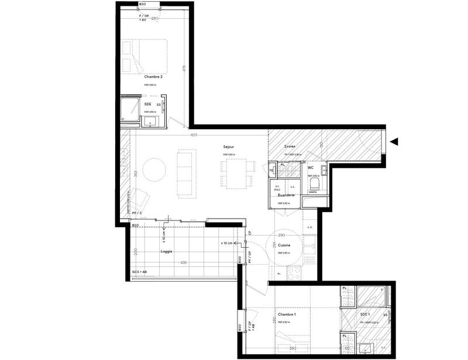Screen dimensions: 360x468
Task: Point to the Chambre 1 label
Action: point(287,314)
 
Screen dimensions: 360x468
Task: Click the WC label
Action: point(311,168)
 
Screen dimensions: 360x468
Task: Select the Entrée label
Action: point(290,146)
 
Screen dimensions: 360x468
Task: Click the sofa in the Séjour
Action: point(187,172)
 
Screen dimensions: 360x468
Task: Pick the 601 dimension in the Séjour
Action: point(194,135)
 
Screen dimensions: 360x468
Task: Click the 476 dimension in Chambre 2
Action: point(183,68)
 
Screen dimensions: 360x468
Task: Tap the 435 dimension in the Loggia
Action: point(183,262)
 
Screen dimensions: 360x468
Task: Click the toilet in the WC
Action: point(314,184)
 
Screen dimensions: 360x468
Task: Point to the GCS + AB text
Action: point(139,272)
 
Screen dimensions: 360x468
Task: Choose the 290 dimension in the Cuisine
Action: point(281,235)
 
